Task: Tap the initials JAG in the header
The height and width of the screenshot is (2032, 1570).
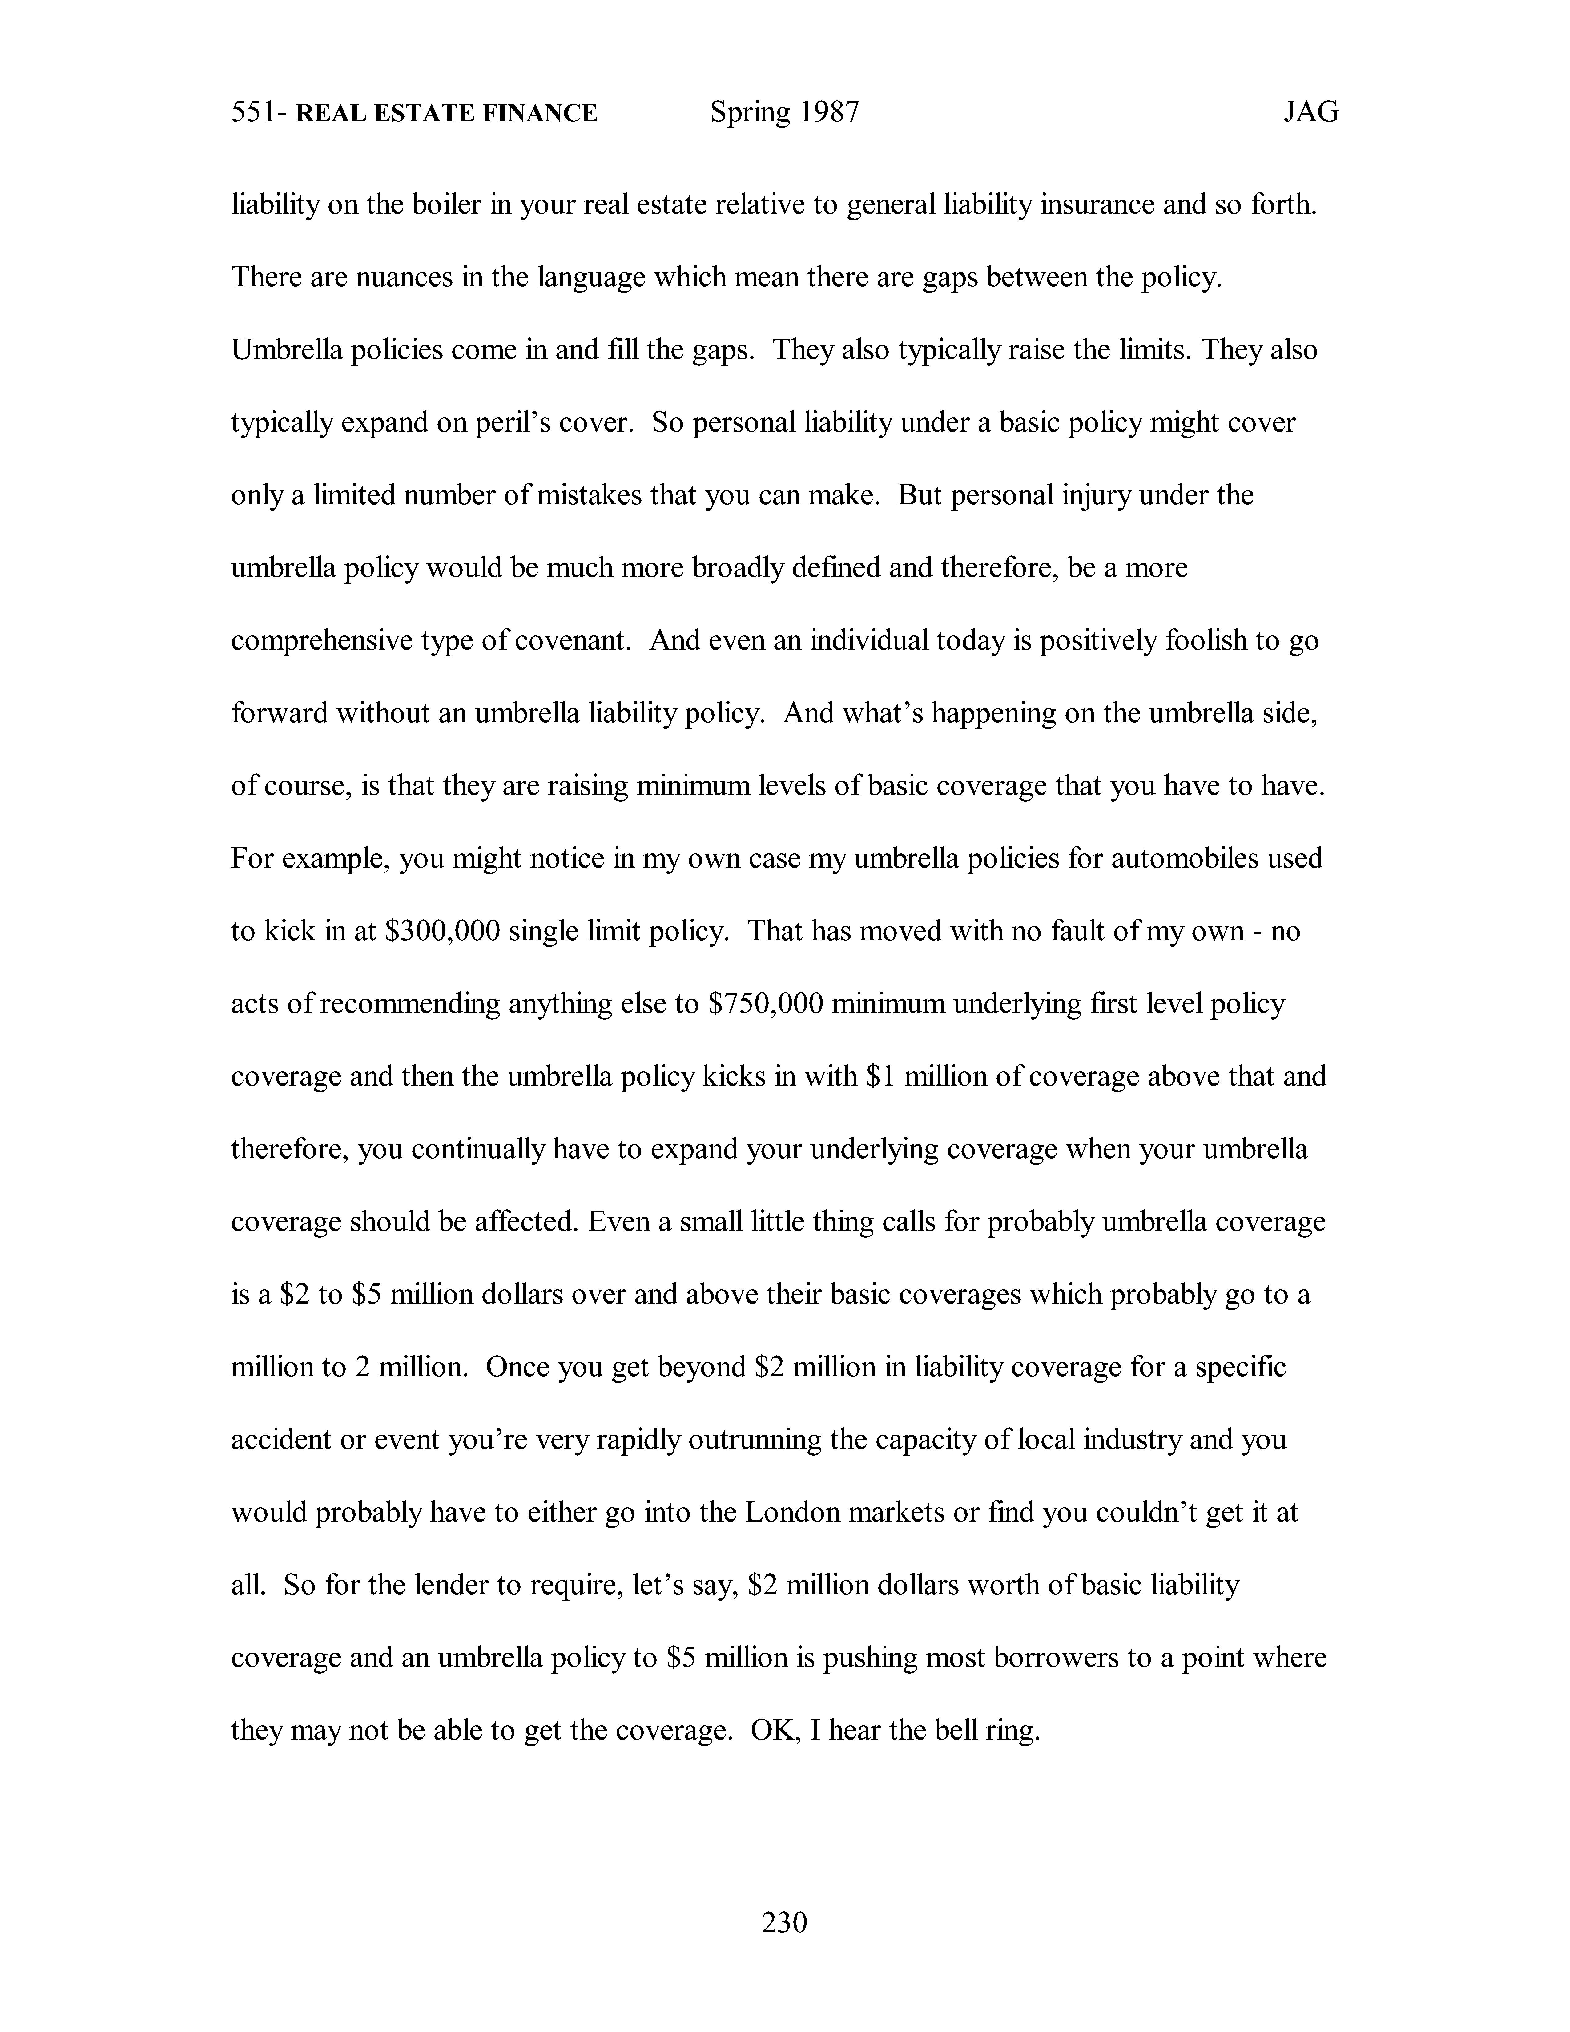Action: tap(1310, 113)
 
